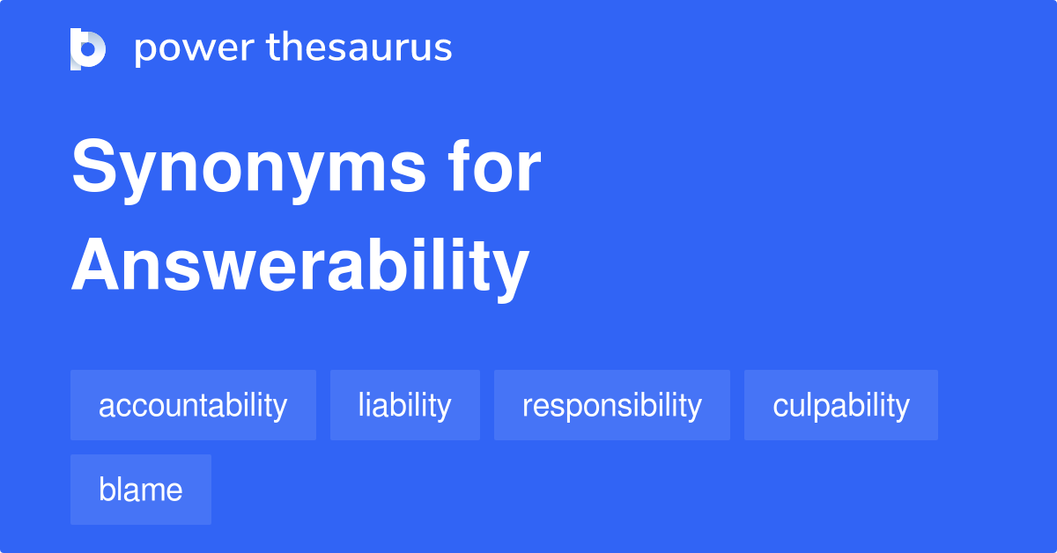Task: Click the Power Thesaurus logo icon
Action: tap(88, 48)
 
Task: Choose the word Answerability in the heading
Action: tap(299, 266)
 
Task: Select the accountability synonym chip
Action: tap(193, 406)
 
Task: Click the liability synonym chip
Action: tap(404, 406)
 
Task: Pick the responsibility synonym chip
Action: tap(611, 406)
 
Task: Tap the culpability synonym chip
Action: tap(840, 406)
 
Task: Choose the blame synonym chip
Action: tap(140, 490)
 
